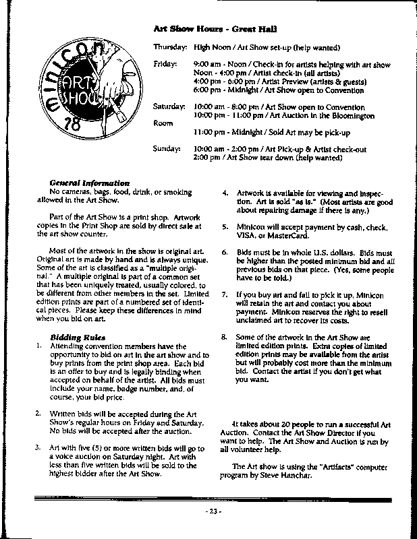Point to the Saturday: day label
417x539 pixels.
click(x=169, y=107)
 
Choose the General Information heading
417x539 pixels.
click(x=90, y=183)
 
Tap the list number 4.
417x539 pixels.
click(x=225, y=193)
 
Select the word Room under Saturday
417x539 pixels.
click(x=164, y=123)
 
